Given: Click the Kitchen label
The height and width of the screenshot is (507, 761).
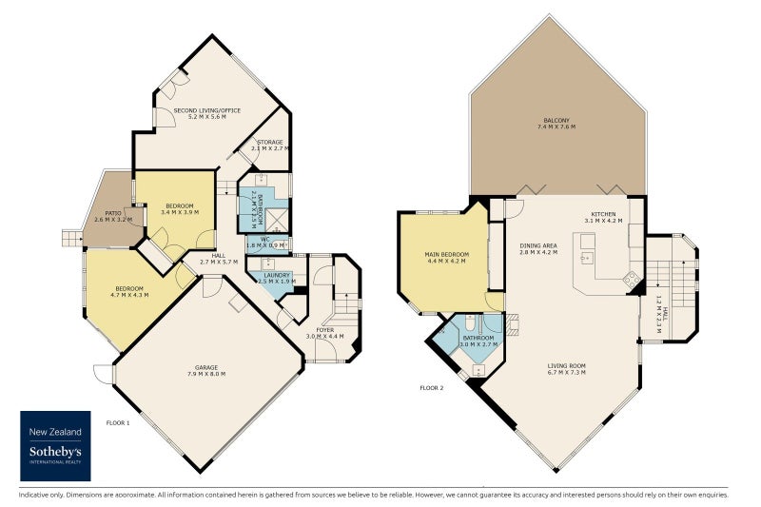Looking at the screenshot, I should pos(604,216).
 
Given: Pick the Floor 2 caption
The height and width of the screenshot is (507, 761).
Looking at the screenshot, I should pos(431,388).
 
